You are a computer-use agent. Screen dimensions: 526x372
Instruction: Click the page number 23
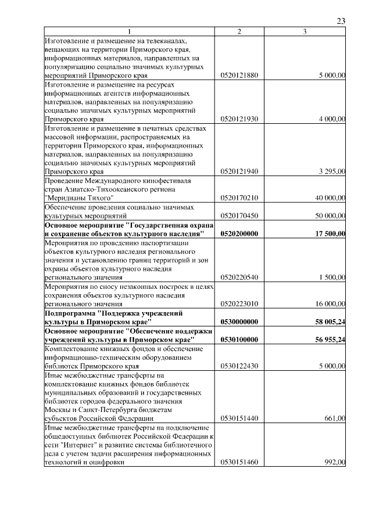(341, 21)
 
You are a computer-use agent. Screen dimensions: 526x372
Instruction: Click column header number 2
(239, 31)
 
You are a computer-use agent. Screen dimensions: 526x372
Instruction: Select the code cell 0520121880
(239, 76)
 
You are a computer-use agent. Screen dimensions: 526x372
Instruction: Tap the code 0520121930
(239, 119)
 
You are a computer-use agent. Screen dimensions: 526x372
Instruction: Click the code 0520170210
(239, 198)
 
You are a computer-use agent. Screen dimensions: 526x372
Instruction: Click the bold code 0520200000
(239, 233)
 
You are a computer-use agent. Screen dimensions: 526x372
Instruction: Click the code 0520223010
(239, 303)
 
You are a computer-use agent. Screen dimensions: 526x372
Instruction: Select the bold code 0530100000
(239, 339)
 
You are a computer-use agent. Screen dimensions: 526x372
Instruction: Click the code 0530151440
(239, 418)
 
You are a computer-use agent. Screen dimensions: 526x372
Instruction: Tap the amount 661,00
(335, 418)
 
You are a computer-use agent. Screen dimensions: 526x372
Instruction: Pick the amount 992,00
(335, 462)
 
